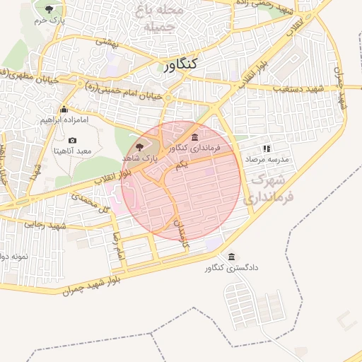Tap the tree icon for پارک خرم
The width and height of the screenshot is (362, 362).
(x=49, y=9)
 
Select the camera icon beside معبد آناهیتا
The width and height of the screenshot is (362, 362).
(x=73, y=141)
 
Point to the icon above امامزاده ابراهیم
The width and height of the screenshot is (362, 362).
(x=64, y=109)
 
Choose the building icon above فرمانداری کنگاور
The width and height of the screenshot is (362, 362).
(x=195, y=136)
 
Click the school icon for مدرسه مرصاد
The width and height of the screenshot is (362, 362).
(x=267, y=148)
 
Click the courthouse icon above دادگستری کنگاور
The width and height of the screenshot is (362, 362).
(x=233, y=256)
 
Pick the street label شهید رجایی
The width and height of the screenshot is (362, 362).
(x=44, y=224)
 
